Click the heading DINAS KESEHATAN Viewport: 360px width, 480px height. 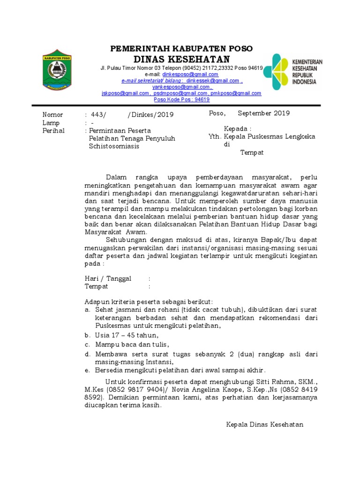[x=181, y=59]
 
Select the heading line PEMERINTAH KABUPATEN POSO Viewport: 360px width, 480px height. [x=181, y=49]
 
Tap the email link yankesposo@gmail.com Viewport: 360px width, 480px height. [x=181, y=87]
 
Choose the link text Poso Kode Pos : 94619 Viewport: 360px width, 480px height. [x=181, y=99]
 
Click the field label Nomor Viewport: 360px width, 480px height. [x=52, y=114]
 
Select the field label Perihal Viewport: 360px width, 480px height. [x=53, y=130]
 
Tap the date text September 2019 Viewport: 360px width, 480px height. [x=263, y=113]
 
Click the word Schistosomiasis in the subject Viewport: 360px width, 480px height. [x=114, y=146]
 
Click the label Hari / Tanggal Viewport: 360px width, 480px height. [x=108, y=278]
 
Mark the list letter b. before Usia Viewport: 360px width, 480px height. [x=87, y=335]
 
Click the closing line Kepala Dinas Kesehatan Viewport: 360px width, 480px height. [x=265, y=424]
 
